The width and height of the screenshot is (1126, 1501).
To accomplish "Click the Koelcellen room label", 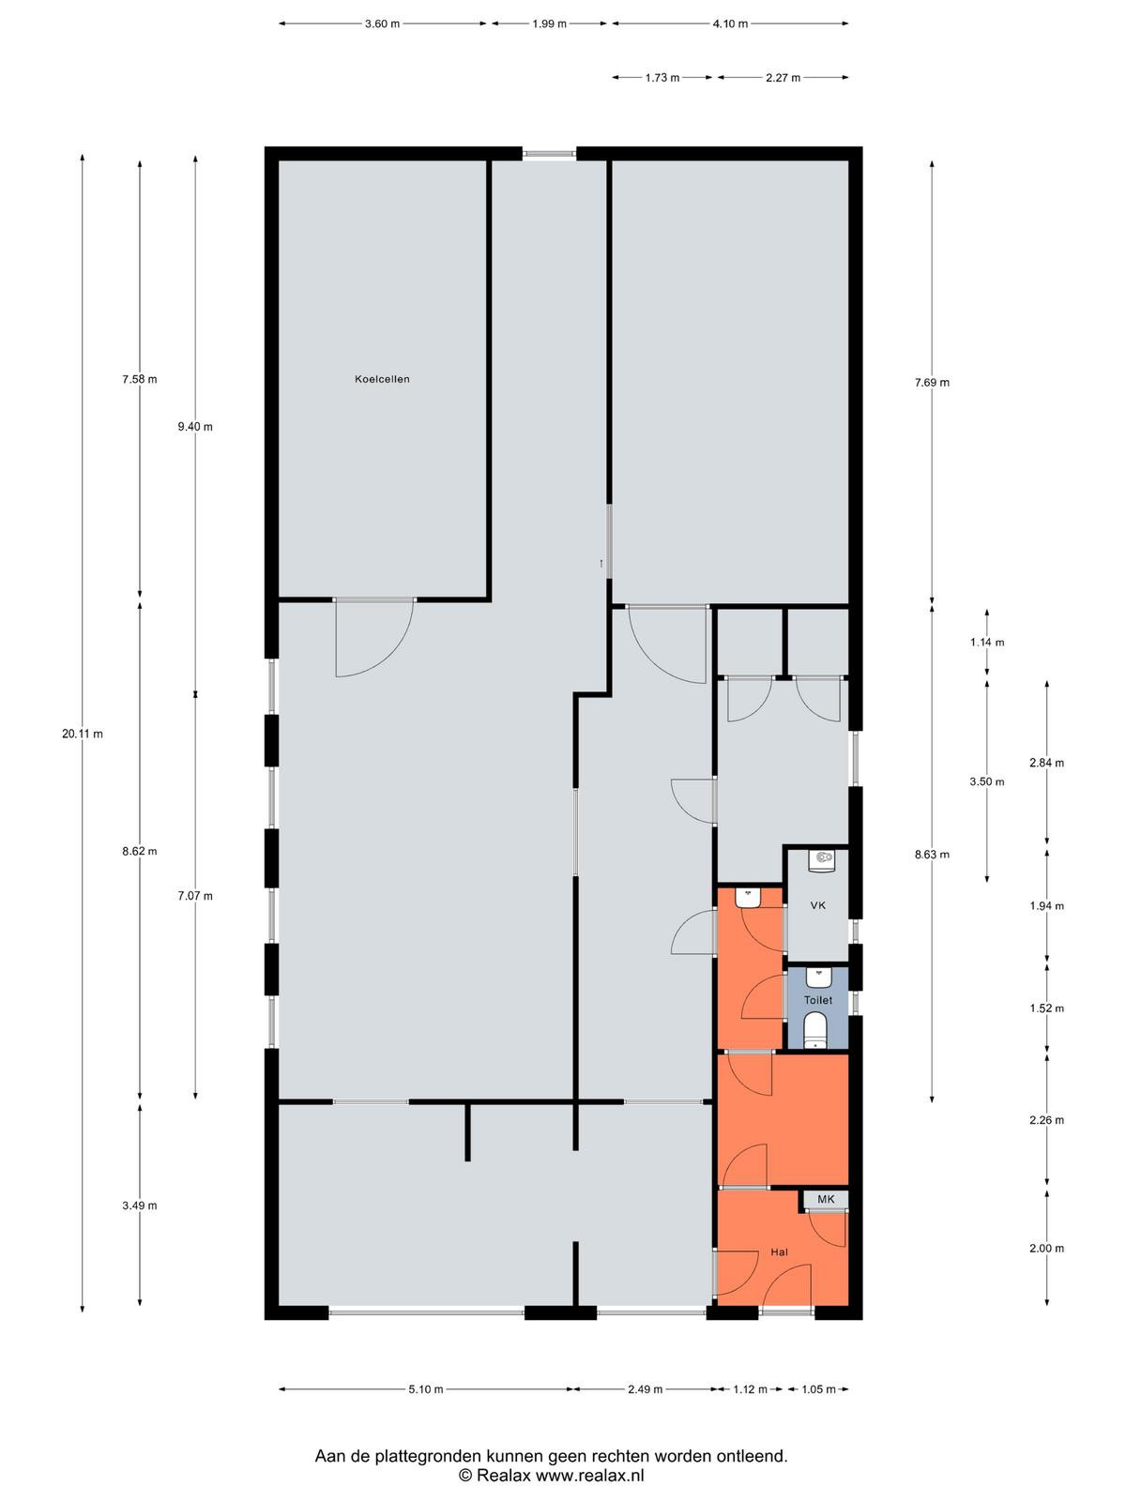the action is coord(382,379).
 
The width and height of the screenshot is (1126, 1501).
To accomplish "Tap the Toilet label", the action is coord(817,1000).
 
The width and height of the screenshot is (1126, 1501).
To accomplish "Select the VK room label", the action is coord(817,905).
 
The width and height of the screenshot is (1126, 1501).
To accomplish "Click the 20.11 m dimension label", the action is coord(82,734).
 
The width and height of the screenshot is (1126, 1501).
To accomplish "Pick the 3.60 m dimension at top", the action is coord(382,24).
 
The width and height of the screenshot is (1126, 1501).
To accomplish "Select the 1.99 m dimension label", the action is coord(549,24).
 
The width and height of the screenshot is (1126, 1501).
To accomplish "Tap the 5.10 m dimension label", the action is coord(426,1388).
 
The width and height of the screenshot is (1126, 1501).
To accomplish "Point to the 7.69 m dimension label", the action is coord(932,382).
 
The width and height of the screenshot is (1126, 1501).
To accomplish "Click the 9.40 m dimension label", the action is coord(195,427).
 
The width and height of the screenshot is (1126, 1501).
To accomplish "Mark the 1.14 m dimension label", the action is coord(986,642).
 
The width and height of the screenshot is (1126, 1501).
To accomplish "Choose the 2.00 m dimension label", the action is coord(1046,1248).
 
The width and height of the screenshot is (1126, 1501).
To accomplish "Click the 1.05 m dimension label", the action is coord(818,1388).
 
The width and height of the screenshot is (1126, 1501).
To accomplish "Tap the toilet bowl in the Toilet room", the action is coord(815,1030).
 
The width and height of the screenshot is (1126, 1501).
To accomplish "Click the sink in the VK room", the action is coord(821,860).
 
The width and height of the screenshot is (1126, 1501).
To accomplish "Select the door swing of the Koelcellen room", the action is coord(374,638).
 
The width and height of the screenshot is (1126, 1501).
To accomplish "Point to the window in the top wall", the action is coord(549,155).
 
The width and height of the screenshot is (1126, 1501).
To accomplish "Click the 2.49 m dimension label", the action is coord(645,1388).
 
